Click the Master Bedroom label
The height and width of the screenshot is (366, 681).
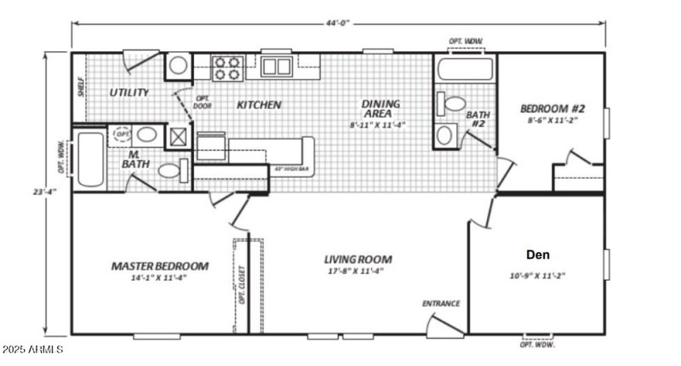(x=160, y=266)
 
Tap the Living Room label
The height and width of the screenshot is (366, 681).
(x=358, y=259)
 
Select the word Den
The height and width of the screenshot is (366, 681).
(x=537, y=254)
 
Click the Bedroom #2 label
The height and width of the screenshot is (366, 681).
(x=553, y=109)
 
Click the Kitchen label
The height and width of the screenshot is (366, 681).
(x=259, y=106)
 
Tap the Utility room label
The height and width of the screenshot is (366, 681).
(x=129, y=92)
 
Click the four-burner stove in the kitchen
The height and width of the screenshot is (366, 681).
(x=226, y=67)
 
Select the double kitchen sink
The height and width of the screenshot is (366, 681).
(x=277, y=66)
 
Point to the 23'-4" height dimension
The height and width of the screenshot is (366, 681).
(x=35, y=193)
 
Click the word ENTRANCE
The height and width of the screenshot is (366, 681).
(x=441, y=303)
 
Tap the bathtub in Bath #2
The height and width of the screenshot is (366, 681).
(x=465, y=66)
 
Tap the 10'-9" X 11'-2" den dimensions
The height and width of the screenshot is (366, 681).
(x=537, y=275)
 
